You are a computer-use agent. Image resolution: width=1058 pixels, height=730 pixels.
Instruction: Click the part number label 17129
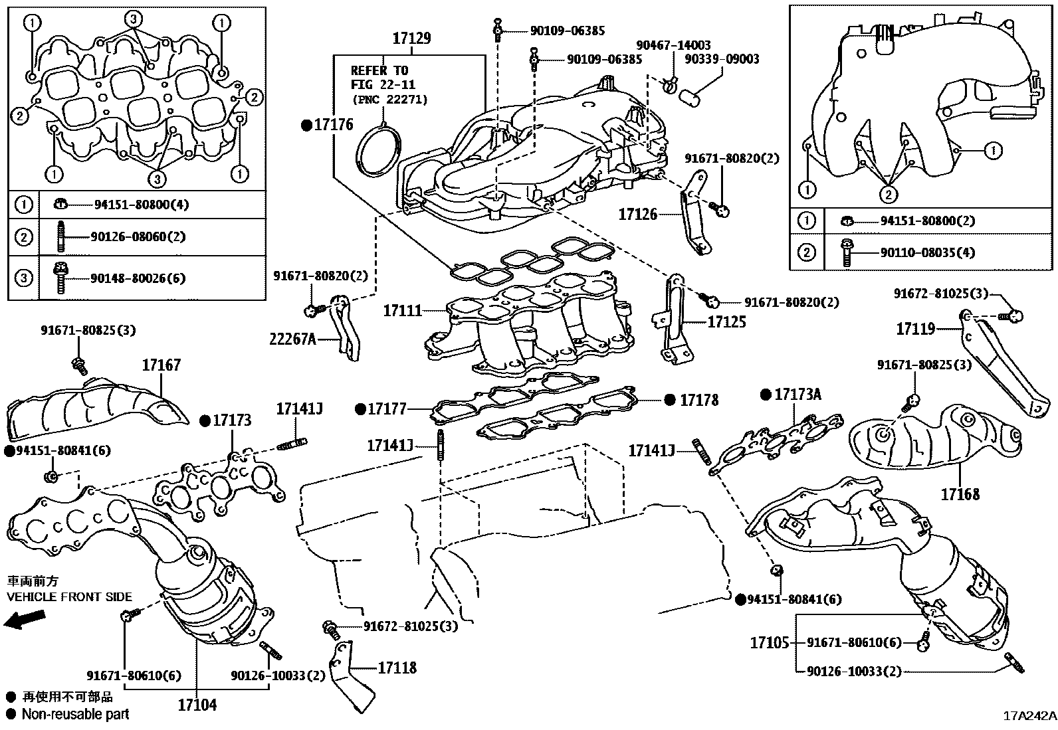411,39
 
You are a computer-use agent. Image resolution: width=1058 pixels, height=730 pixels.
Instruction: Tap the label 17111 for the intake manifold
402,311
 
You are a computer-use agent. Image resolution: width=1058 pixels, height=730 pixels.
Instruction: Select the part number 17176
334,125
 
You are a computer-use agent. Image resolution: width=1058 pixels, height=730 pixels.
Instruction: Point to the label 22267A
292,339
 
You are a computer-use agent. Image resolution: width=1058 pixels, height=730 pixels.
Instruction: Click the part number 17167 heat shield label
161,365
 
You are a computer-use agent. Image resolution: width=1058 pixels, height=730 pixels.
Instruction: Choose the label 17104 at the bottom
197,705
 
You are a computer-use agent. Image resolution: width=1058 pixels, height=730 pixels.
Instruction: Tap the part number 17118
397,668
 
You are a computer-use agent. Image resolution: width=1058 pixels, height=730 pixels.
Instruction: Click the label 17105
770,642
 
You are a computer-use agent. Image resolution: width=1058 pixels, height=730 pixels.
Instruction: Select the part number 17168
960,494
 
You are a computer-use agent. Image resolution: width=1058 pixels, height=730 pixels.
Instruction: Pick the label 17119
915,329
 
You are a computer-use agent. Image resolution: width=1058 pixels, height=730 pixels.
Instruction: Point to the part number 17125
726,322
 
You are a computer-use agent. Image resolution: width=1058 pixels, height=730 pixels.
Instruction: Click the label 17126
637,215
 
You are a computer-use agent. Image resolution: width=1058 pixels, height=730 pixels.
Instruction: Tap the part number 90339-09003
722,59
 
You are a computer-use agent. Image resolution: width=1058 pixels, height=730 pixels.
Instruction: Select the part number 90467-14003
673,45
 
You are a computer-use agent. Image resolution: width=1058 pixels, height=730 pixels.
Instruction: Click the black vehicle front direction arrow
25,620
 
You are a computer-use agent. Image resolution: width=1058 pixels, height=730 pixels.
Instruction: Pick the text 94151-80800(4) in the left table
142,205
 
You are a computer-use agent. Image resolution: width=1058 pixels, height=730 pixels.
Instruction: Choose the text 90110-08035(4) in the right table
927,252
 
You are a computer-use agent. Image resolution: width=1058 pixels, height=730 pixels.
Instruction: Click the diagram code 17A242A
1029,716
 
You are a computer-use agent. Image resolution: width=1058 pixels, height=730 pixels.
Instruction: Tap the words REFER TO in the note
379,71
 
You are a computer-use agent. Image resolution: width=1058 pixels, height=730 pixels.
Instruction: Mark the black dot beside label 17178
670,400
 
